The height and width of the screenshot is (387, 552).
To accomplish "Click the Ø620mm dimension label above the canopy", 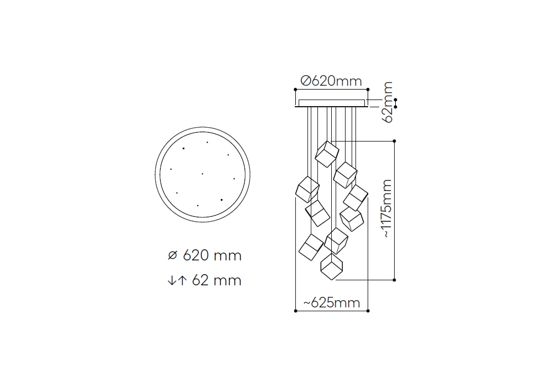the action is pos(331,81).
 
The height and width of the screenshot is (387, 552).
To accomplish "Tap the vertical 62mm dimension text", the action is pos(388,102).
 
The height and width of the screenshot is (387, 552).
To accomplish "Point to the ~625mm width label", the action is pos(332,303).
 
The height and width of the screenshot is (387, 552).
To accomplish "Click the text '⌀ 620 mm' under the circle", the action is pos(205,255).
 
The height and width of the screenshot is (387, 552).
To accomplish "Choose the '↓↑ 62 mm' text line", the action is pos(205,280).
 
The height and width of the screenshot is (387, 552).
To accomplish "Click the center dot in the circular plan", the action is pos(203,174).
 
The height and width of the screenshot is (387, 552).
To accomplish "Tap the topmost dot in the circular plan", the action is pos(208,143).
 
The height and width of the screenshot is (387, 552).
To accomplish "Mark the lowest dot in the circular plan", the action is pos(198,206).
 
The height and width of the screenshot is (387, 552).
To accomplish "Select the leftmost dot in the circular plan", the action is pos(171,169).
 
